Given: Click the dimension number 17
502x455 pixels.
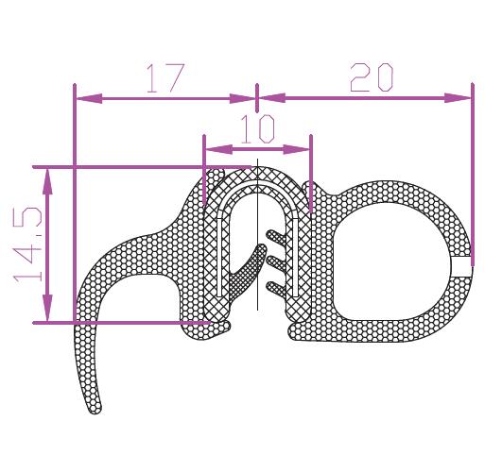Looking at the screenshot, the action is [165, 78].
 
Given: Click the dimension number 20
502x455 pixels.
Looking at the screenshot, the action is [372, 77].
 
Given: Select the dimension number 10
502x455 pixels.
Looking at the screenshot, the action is [257, 129].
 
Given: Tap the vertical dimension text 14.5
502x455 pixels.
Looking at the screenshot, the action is [27, 244].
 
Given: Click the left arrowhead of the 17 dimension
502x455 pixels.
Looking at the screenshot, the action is [89, 98].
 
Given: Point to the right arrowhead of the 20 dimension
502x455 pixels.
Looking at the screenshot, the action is [458, 98].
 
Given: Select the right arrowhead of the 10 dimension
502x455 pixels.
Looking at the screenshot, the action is [296, 149].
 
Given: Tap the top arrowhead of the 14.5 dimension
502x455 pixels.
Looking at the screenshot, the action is [47, 181].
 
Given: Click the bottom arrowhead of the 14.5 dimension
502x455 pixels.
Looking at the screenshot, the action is [47, 308].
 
